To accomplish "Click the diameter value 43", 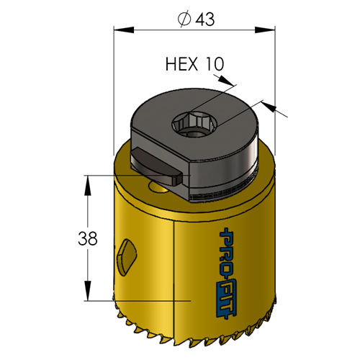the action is [204, 19].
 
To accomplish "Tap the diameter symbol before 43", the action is [184, 19].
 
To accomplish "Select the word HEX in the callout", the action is [182, 64].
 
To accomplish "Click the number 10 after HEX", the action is [215, 64].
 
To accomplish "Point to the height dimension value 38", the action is [88, 238].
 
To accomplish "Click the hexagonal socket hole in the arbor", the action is [193, 123].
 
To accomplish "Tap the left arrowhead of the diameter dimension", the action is [124, 30].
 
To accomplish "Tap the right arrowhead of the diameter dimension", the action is [265, 30].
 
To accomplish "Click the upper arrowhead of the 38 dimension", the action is [88, 185].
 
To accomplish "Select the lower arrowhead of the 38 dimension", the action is [88, 291].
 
